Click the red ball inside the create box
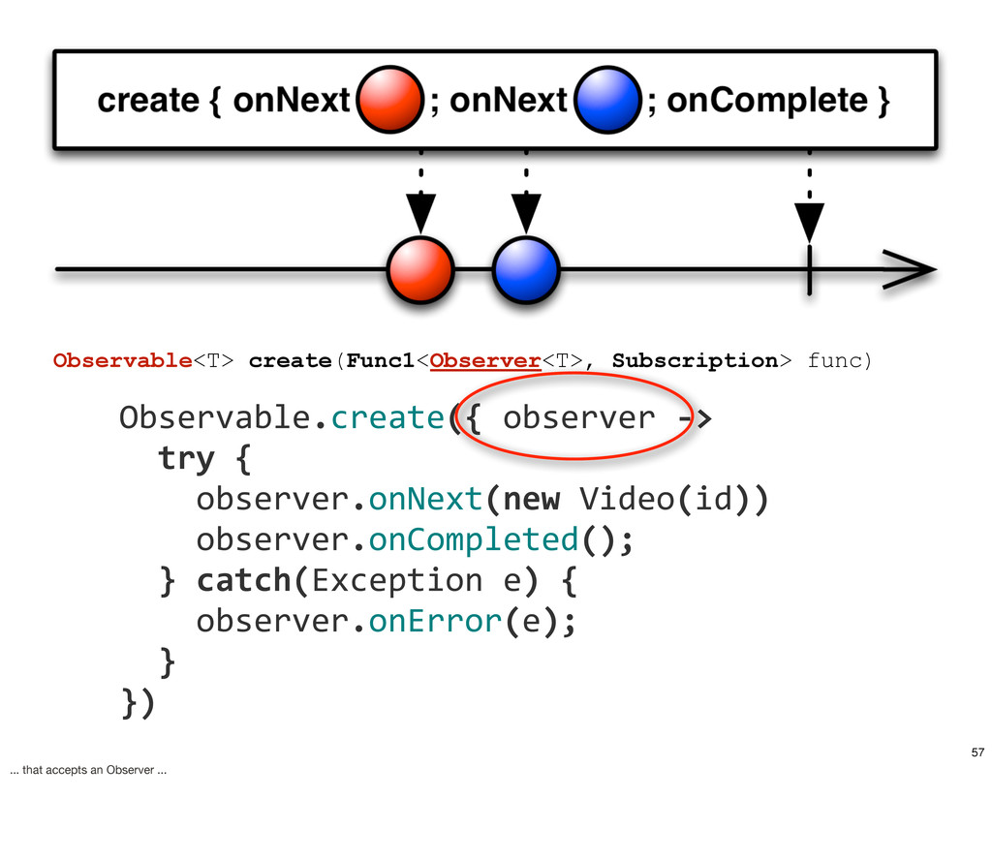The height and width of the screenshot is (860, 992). tap(389, 100)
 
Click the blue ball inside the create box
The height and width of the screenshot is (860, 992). tap(607, 100)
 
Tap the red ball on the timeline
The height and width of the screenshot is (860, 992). tap(420, 270)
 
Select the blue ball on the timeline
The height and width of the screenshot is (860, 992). tap(526, 270)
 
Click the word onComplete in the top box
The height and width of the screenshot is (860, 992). tap(767, 101)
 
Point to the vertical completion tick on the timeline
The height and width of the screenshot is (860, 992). tap(809, 270)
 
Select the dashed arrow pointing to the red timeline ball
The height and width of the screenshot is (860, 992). tap(420, 192)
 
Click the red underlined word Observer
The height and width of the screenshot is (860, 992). tap(485, 360)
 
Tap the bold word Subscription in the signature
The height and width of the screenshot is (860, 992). tap(696, 361)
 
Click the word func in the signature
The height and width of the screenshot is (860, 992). tap(834, 360)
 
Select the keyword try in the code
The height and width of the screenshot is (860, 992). tap(186, 458)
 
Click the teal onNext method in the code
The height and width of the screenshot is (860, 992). tap(426, 499)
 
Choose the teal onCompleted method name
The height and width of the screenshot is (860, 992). tap(474, 540)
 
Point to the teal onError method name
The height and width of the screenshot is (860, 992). tap(435, 621)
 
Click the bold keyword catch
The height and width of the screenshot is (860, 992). tap(243, 580)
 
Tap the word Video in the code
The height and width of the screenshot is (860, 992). tap(628, 499)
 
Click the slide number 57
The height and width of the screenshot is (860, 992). tap(978, 752)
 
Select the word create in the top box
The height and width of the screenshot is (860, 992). tap(148, 101)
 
